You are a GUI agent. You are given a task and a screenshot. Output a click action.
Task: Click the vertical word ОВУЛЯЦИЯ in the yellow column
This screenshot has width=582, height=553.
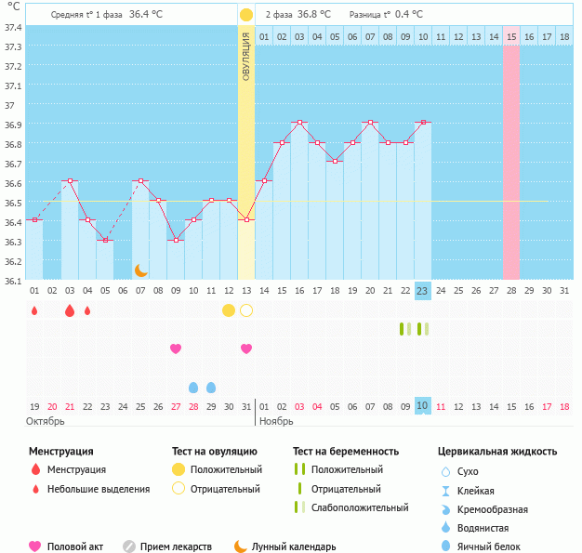point(245,56)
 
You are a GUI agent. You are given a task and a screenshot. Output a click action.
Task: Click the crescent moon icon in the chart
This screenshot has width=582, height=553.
point(140,270)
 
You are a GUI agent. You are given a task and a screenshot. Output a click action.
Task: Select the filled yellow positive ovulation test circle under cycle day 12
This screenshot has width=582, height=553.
point(229,310)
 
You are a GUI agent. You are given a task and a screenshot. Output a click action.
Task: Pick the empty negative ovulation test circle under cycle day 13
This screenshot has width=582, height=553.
point(246,310)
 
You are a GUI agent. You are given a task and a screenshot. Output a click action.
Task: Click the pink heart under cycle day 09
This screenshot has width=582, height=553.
point(176,349)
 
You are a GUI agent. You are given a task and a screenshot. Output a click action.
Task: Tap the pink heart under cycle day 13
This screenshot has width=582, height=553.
point(246,349)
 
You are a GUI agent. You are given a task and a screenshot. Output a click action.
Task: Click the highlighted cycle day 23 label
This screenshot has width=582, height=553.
point(422,291)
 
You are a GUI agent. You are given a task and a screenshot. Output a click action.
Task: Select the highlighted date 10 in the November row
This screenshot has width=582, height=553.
point(422,406)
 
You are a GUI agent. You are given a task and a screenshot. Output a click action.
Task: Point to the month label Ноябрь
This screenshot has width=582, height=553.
point(276,421)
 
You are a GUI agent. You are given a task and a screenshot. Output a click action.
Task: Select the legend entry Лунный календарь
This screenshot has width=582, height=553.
point(293,546)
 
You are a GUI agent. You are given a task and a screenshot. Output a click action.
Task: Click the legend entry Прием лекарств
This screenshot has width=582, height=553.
point(176,546)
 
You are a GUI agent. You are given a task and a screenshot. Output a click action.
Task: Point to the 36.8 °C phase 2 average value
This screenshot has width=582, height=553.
point(315,15)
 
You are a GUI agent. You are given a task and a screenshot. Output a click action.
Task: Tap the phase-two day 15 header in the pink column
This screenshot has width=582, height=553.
point(511,36)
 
